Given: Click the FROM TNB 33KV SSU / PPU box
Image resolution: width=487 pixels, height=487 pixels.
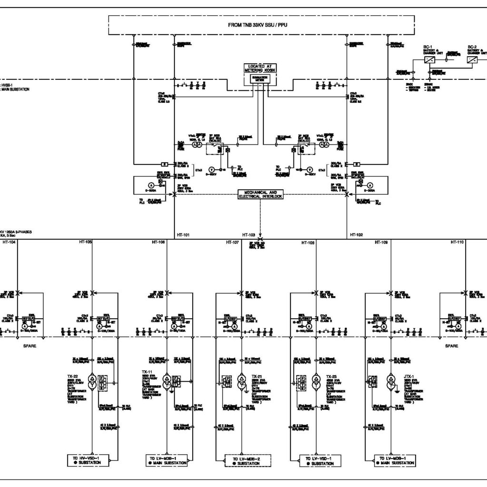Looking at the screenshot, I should pyautogui.click(x=257, y=24).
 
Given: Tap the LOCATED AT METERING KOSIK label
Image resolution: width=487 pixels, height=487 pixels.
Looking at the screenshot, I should pyautogui.click(x=260, y=68).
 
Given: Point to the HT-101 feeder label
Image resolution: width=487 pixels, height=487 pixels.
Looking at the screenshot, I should pyautogui.click(x=183, y=234).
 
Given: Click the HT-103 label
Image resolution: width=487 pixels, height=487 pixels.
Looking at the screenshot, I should pyautogui.click(x=248, y=235).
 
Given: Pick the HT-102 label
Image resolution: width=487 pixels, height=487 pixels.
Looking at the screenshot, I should pyautogui.click(x=357, y=234).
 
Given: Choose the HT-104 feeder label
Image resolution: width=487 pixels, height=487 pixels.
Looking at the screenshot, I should pyautogui.click(x=9, y=243).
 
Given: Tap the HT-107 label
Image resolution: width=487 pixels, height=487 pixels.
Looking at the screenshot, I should pyautogui.click(x=232, y=243).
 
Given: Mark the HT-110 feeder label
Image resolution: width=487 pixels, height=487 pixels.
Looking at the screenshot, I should pyautogui.click(x=457, y=243).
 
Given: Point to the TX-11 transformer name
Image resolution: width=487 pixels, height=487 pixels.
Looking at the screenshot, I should pyautogui.click(x=146, y=371).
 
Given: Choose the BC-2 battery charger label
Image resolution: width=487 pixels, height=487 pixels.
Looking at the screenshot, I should pyautogui.click(x=473, y=47).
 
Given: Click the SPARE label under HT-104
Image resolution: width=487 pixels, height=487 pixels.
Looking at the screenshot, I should pyautogui.click(x=30, y=346).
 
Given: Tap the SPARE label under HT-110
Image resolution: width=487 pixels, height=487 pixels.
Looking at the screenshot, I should pyautogui.click(x=451, y=346).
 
